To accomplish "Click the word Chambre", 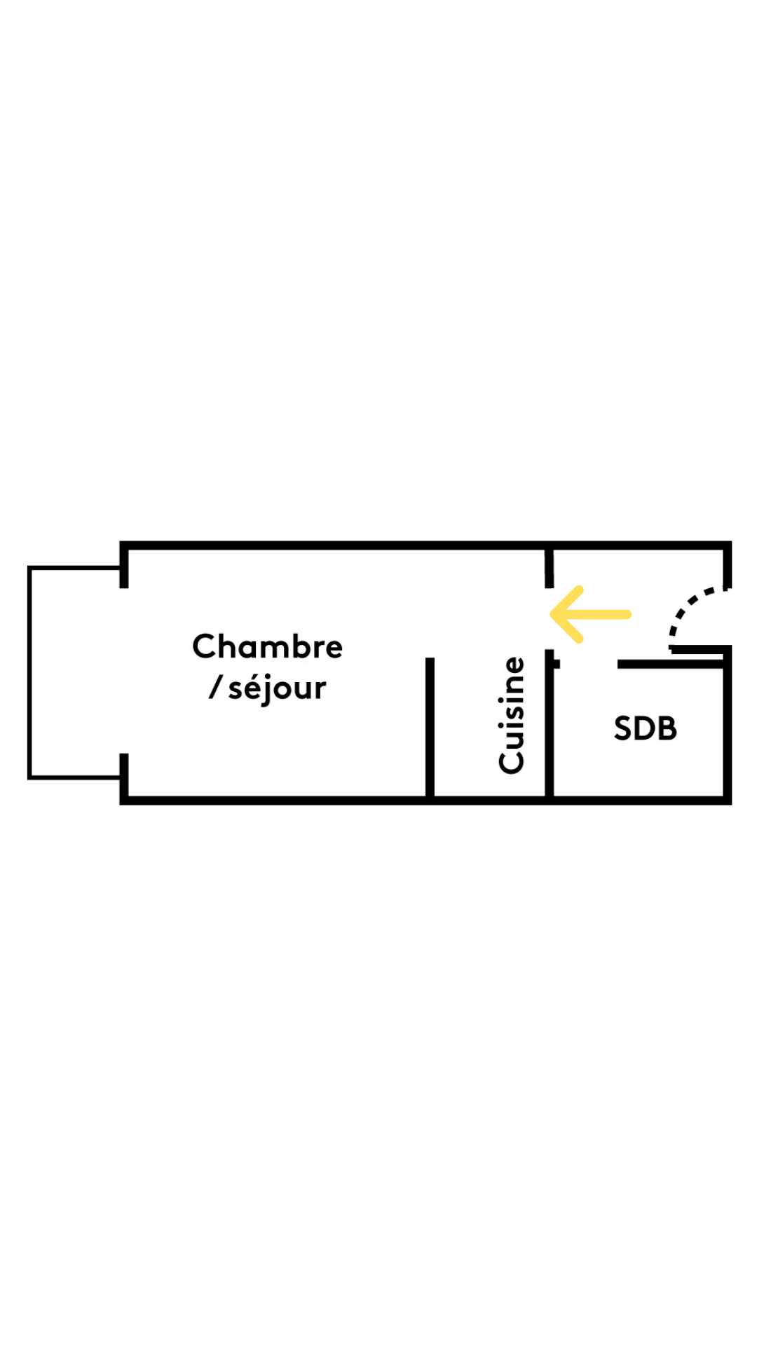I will [267, 646].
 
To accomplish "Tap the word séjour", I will [277, 688].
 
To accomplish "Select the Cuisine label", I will [512, 715].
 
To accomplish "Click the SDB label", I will [646, 728].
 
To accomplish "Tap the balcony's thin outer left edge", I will [29, 673].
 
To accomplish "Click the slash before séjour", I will [216, 688].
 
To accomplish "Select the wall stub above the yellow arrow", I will [550, 568].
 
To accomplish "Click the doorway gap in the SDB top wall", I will [588, 664].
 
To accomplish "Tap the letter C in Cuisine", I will [512, 761].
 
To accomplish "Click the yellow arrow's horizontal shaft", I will [603, 614].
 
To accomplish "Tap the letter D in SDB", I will [645, 728].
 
